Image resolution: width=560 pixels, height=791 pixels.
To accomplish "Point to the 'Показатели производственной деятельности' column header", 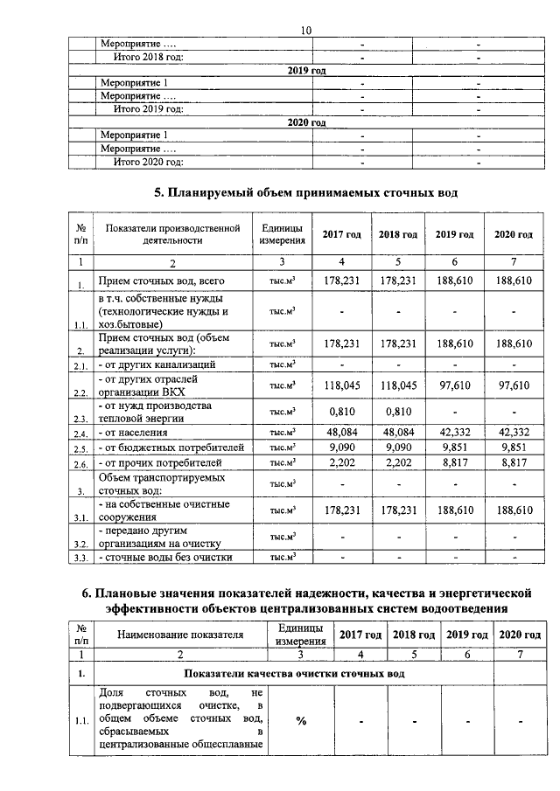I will point(172,234).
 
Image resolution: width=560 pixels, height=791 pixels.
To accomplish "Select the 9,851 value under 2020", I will point(514,447).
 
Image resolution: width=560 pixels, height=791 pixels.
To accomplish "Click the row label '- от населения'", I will point(136,432).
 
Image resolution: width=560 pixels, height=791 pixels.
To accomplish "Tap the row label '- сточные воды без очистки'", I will point(160,557).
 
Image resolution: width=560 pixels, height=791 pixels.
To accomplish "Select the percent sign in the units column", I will point(301,721).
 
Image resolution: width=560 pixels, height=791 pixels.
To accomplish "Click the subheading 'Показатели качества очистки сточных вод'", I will point(294,674).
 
